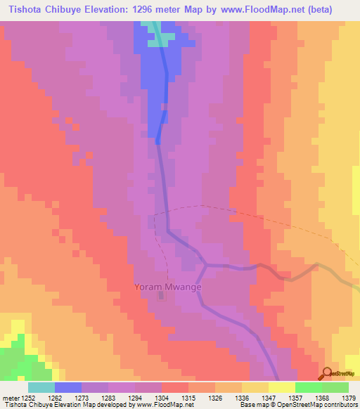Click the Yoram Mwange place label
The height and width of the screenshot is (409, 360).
pyautogui.click(x=168, y=287)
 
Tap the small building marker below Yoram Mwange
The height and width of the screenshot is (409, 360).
pyautogui.click(x=162, y=297)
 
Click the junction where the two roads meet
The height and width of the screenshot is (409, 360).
pyautogui.click(x=205, y=266)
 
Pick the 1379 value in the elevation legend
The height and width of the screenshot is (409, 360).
pyautogui.click(x=340, y=397)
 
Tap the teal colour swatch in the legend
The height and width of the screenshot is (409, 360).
pyautogui.click(x=41, y=387)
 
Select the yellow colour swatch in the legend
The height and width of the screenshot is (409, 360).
pyautogui.click(x=281, y=387)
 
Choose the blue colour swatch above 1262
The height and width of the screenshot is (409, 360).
pyautogui.click(x=68, y=387)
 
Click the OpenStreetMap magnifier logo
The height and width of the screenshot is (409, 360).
pyautogui.click(x=327, y=373)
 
